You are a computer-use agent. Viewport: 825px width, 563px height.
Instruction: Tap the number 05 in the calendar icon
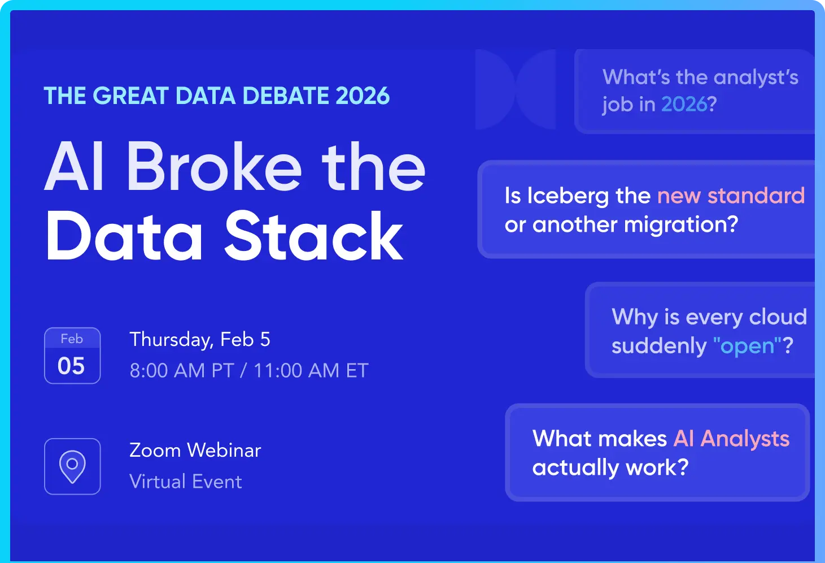(x=71, y=366)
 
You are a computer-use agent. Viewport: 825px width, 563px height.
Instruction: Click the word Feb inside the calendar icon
(x=72, y=339)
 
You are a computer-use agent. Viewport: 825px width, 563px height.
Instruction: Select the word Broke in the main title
(x=215, y=166)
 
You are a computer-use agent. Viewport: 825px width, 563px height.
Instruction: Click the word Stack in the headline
(x=313, y=236)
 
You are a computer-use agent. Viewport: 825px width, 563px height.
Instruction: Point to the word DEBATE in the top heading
(x=285, y=96)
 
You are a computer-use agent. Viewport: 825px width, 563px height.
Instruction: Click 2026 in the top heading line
(x=363, y=96)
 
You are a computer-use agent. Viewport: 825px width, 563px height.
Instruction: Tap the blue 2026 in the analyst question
(x=684, y=104)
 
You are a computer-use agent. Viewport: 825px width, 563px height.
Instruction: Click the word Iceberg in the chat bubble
(x=568, y=197)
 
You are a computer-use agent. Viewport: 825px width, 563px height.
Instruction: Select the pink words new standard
(x=731, y=196)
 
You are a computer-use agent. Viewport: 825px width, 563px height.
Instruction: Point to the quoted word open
(x=747, y=347)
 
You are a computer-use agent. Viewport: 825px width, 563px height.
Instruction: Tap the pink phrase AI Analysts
(x=731, y=439)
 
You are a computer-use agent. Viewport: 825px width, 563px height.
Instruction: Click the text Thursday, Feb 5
(x=200, y=340)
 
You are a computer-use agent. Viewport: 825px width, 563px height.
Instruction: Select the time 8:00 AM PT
(x=182, y=370)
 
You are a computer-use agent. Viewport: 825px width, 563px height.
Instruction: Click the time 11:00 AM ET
(x=311, y=370)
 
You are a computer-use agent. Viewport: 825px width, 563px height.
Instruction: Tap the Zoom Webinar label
(x=195, y=450)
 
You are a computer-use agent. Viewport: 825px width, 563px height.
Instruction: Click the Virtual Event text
(x=186, y=482)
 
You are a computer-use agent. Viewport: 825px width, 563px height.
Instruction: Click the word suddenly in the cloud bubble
(x=659, y=347)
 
